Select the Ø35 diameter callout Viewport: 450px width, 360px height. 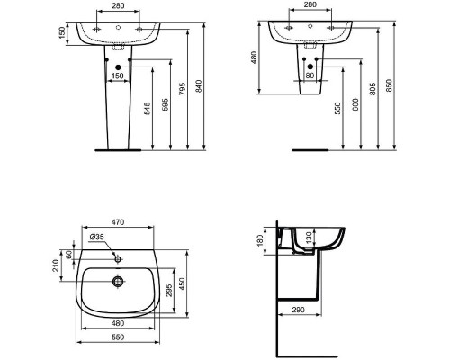pos(98,238)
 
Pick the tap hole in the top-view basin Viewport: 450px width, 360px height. pos(116,256)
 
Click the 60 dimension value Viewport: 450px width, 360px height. pos(71,256)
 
